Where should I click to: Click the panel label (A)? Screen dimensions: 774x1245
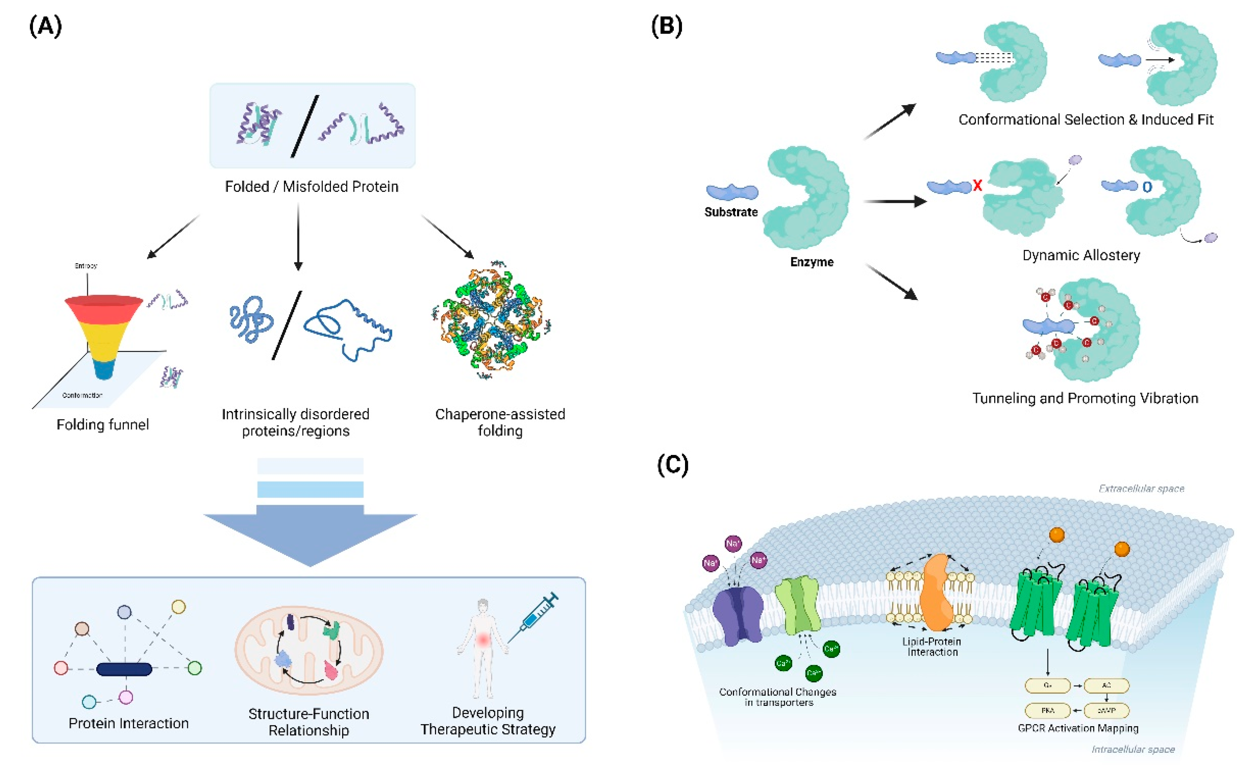click(46, 26)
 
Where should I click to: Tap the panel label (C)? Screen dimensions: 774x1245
click(672, 465)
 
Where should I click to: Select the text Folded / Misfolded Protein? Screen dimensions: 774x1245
click(311, 186)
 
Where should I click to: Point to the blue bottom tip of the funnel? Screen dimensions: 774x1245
click(104, 370)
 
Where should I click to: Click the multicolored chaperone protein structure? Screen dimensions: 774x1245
click(491, 321)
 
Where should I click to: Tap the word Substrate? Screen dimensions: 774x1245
click(731, 212)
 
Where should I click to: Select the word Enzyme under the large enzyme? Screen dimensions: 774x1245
click(812, 262)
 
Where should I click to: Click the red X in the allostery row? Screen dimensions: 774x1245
click(977, 185)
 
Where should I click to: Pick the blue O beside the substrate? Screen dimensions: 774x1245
click(1147, 187)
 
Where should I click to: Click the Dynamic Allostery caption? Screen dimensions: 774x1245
click(1081, 256)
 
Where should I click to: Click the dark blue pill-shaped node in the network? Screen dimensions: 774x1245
click(124, 669)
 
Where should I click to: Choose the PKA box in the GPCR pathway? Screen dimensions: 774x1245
click(1047, 710)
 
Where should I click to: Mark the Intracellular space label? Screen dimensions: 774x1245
click(1133, 749)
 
